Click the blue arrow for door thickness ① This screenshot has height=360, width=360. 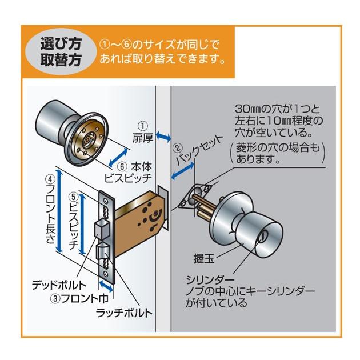coord(164,137)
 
